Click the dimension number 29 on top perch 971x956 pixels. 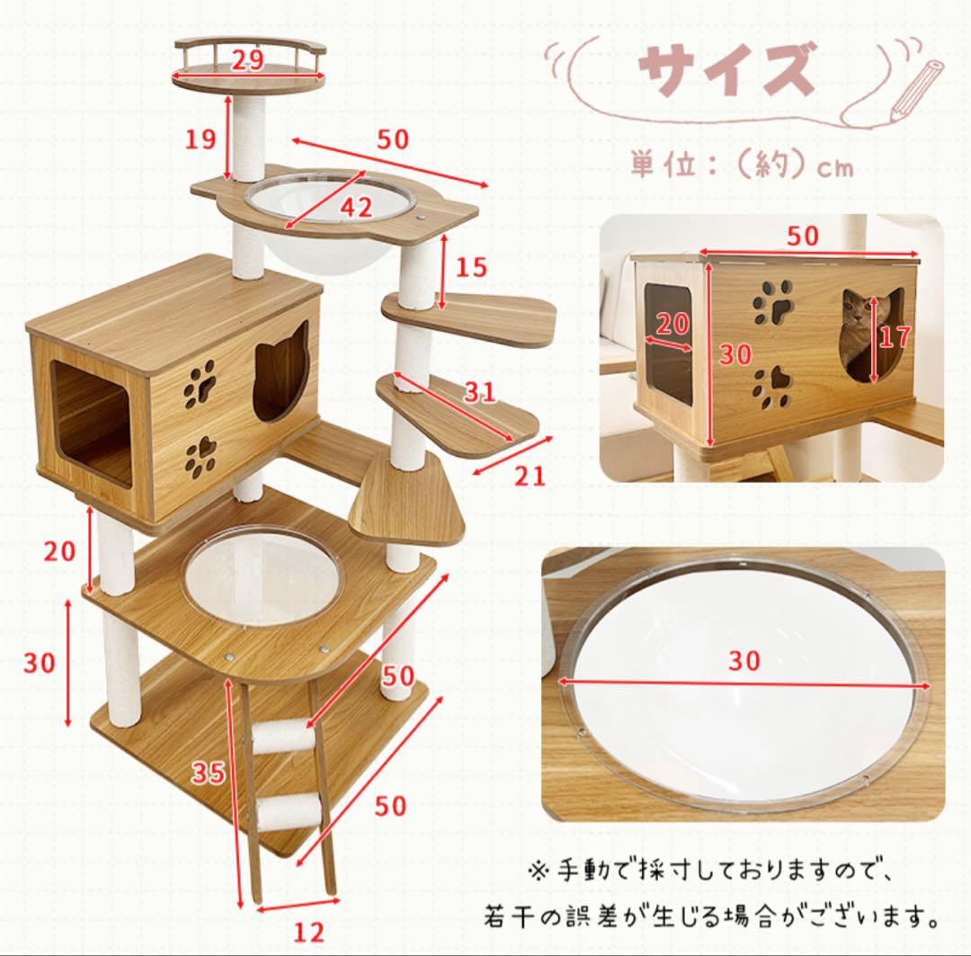247,60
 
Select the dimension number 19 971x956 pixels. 201,138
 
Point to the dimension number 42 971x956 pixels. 355,208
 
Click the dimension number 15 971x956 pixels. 470,266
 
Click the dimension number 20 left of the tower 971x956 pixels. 60,550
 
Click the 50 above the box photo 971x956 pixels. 802,236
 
